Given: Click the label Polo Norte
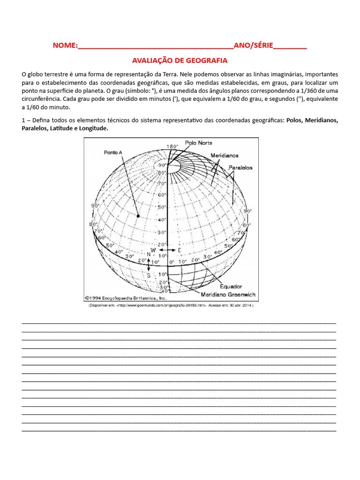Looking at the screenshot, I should point(198,143).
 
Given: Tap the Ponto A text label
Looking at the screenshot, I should point(113,152).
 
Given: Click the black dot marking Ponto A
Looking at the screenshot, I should point(138,216).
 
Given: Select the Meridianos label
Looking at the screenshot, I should point(224,155).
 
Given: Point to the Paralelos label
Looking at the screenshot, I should point(240,167).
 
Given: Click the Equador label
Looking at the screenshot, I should point(231,286).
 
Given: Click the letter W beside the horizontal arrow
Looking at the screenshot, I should point(153,250).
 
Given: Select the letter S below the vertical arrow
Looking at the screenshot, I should point(149,275).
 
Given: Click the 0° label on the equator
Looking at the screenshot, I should point(172,262).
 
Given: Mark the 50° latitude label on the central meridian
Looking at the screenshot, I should point(162,207).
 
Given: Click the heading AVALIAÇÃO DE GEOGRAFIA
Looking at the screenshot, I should point(180,60).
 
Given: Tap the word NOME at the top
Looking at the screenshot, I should point(64,46).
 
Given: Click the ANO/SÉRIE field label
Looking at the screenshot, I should point(253,46).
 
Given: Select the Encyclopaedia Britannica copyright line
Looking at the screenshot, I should point(126,297).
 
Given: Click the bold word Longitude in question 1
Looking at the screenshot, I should point(93,128).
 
